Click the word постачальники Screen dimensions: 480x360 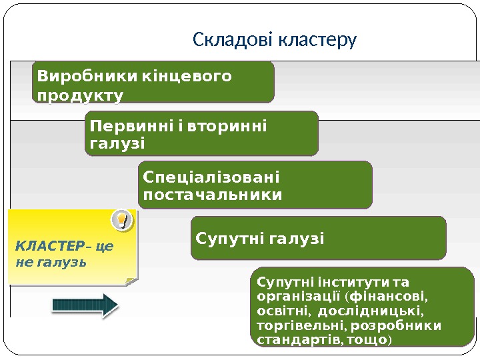(213, 195)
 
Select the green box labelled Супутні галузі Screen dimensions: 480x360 (318, 237)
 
